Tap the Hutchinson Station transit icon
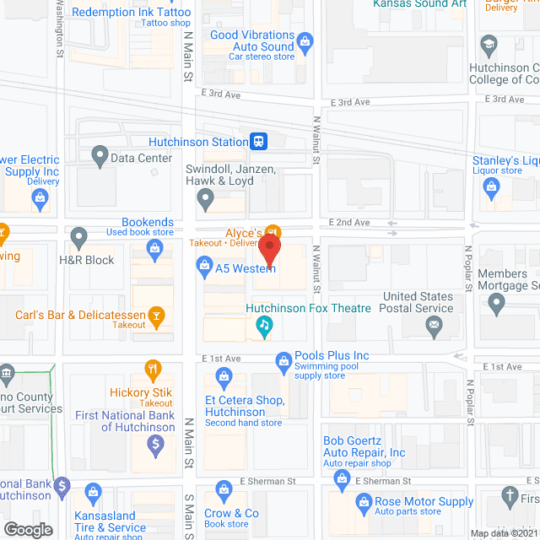(260, 142)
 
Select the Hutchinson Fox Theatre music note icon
(264, 325)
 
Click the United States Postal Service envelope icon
(434, 325)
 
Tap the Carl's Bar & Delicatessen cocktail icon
(155, 316)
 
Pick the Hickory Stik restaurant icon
(153, 368)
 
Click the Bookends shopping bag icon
(154, 247)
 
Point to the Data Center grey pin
(100, 157)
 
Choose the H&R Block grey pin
(78, 237)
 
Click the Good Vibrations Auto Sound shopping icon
(305, 40)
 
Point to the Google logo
(27, 529)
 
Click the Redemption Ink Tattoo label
(131, 12)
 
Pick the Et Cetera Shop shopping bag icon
(224, 375)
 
